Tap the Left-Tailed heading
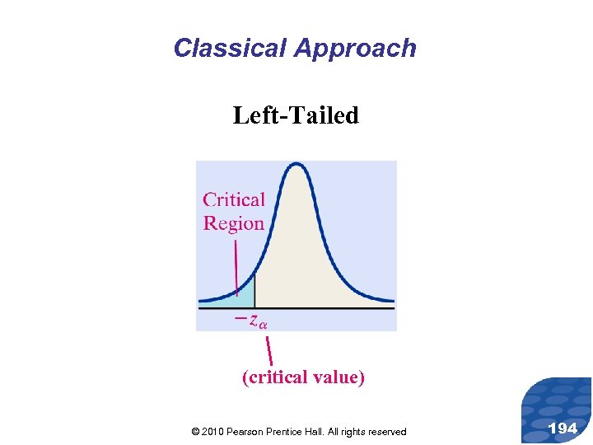click(x=296, y=115)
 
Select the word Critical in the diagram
click(x=234, y=200)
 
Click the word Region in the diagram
click(x=234, y=223)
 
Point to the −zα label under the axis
click(x=251, y=320)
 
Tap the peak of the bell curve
click(x=296, y=166)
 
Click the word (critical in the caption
click(x=275, y=377)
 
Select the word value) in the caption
click(x=339, y=377)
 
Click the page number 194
click(x=563, y=428)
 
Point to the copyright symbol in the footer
click(x=194, y=432)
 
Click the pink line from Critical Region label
click(x=236, y=264)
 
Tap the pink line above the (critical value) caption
click(x=268, y=350)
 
